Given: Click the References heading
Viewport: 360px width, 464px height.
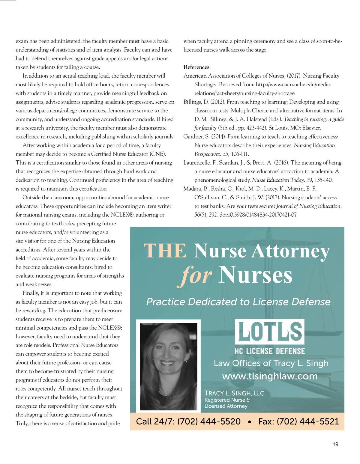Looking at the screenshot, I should click(x=196, y=67).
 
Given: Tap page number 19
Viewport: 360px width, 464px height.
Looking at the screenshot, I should click(x=335, y=444).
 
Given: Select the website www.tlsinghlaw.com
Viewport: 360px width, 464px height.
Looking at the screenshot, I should click(x=270, y=376).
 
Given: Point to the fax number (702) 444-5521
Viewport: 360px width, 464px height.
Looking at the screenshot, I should click(x=307, y=421).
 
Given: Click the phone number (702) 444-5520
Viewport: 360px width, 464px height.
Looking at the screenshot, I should click(x=209, y=421).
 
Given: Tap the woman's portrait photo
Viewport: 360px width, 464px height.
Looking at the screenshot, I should click(x=168, y=366).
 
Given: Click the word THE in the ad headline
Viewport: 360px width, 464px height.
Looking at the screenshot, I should click(x=165, y=251).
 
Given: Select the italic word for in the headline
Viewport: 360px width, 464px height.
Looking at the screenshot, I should click(x=197, y=275).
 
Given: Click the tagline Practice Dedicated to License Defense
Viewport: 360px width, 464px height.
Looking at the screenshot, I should click(x=238, y=302).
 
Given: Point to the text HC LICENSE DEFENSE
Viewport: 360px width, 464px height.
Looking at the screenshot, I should click(x=270, y=351).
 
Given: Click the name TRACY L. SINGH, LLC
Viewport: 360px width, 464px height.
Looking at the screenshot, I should click(x=234, y=393).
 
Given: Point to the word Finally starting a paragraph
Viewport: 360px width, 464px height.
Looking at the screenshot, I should click(x=31, y=293).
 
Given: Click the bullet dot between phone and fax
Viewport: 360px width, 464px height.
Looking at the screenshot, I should click(x=249, y=422).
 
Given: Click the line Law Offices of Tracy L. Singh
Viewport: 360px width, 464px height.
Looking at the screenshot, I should click(x=271, y=363).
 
